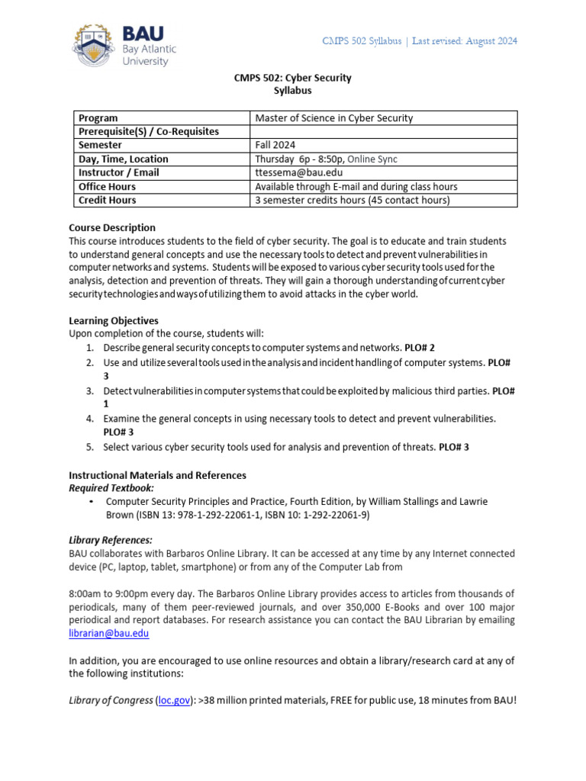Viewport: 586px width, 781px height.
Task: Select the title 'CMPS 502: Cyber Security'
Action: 292,78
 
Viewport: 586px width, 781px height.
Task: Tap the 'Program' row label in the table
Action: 98,118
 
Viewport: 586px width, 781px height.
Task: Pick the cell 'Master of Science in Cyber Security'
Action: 333,118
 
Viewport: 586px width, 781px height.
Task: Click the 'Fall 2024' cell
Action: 275,146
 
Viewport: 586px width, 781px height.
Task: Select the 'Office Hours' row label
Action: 107,187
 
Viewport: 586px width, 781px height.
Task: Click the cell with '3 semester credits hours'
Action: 352,201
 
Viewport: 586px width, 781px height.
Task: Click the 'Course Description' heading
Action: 112,227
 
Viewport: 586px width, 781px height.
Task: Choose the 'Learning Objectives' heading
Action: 114,320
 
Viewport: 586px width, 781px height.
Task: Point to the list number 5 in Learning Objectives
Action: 89,447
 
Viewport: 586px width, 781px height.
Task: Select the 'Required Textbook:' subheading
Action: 111,488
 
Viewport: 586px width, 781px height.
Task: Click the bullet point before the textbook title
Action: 92,502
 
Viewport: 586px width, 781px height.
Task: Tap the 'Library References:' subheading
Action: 111,540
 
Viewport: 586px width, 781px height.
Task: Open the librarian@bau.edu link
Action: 108,633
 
